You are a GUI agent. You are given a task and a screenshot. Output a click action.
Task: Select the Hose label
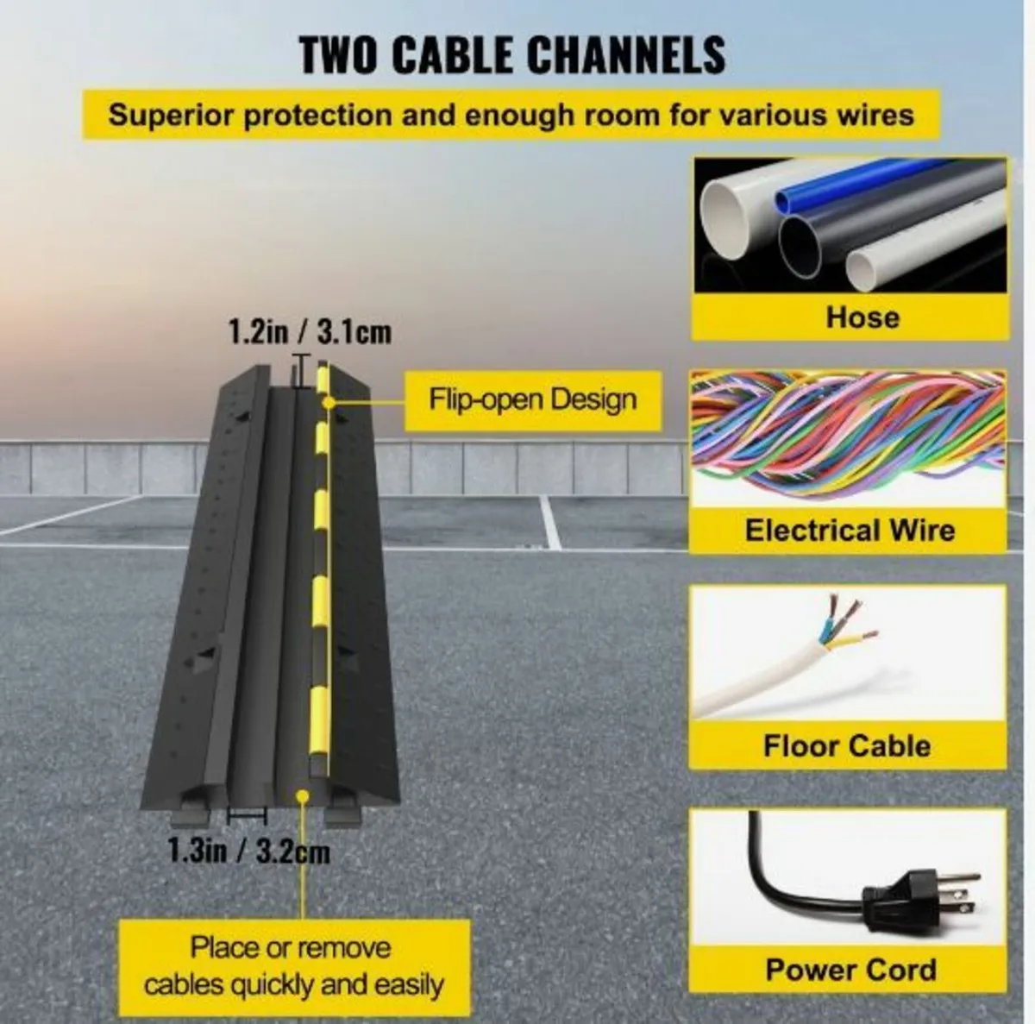862,317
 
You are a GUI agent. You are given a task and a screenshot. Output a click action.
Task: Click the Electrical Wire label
850,531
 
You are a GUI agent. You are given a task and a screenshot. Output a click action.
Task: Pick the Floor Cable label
847,746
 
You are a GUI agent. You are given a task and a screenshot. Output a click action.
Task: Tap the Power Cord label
850,971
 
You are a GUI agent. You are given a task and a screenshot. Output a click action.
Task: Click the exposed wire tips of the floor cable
849,623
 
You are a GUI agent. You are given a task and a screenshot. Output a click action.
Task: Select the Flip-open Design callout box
532,400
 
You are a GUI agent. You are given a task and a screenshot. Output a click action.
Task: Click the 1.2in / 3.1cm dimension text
310,331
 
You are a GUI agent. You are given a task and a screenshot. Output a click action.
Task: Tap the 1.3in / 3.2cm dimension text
248,852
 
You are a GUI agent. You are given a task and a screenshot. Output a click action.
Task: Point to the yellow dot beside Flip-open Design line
328,401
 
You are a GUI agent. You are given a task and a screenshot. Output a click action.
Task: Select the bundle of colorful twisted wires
848,435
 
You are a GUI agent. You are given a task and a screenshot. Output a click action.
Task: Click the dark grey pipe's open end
800,247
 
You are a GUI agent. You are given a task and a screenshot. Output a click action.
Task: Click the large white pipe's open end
724,220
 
